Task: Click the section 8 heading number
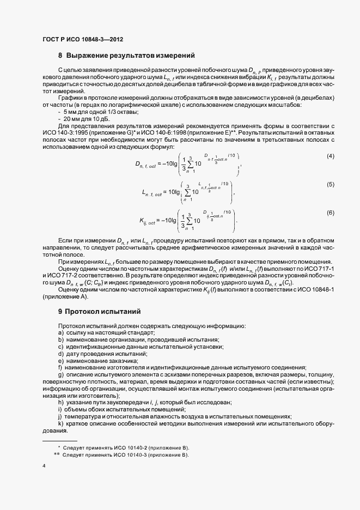pos(60,56)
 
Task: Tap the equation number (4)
pos(330,156)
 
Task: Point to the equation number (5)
pos(330,184)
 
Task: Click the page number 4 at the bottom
pos(44,466)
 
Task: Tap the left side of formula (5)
pos(155,192)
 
